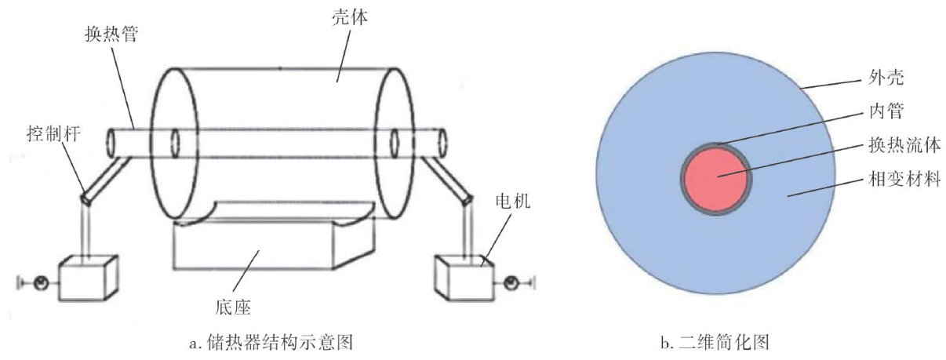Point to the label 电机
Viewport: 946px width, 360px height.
(513, 203)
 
